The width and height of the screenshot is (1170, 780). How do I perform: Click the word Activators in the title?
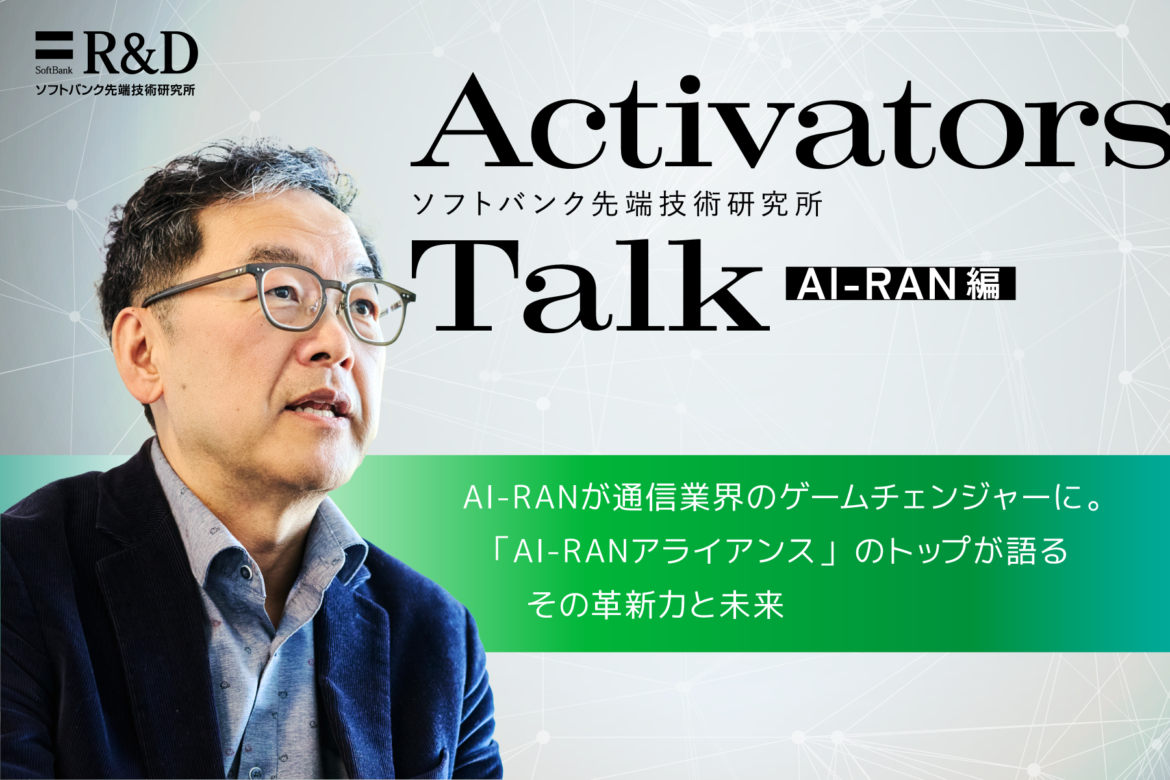(789, 121)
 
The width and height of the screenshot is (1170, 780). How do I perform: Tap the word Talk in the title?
(590, 286)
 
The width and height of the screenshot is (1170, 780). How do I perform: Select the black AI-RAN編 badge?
(900, 284)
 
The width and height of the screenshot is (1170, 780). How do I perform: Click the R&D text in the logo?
(140, 53)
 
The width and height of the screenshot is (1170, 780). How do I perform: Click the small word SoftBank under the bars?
(54, 69)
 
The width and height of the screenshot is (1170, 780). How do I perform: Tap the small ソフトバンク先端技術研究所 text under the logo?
(115, 90)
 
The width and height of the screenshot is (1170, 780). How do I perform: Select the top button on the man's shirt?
(246, 572)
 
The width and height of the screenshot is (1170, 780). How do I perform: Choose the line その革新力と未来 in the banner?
(655, 605)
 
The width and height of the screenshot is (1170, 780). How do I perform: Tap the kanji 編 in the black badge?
(985, 284)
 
